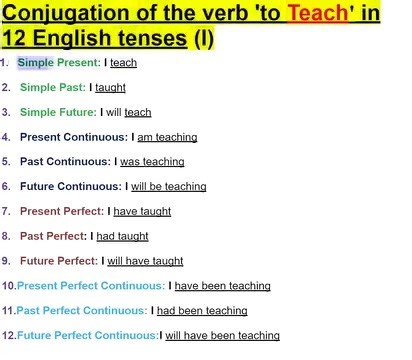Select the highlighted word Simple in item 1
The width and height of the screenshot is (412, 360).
click(33, 62)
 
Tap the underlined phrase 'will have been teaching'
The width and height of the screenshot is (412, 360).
click(222, 336)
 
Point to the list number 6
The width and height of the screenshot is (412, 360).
click(7, 186)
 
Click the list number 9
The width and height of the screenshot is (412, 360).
click(7, 261)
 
